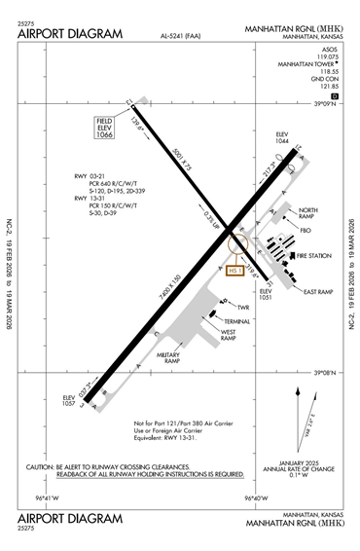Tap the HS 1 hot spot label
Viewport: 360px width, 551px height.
click(x=234, y=270)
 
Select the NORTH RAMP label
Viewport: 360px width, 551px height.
click(x=308, y=213)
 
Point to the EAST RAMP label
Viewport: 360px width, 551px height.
click(x=318, y=292)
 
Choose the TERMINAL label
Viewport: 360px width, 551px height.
click(x=238, y=320)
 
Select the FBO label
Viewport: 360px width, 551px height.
click(x=308, y=230)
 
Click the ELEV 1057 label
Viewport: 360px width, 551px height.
click(x=69, y=400)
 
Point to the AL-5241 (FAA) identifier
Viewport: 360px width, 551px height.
click(x=181, y=37)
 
